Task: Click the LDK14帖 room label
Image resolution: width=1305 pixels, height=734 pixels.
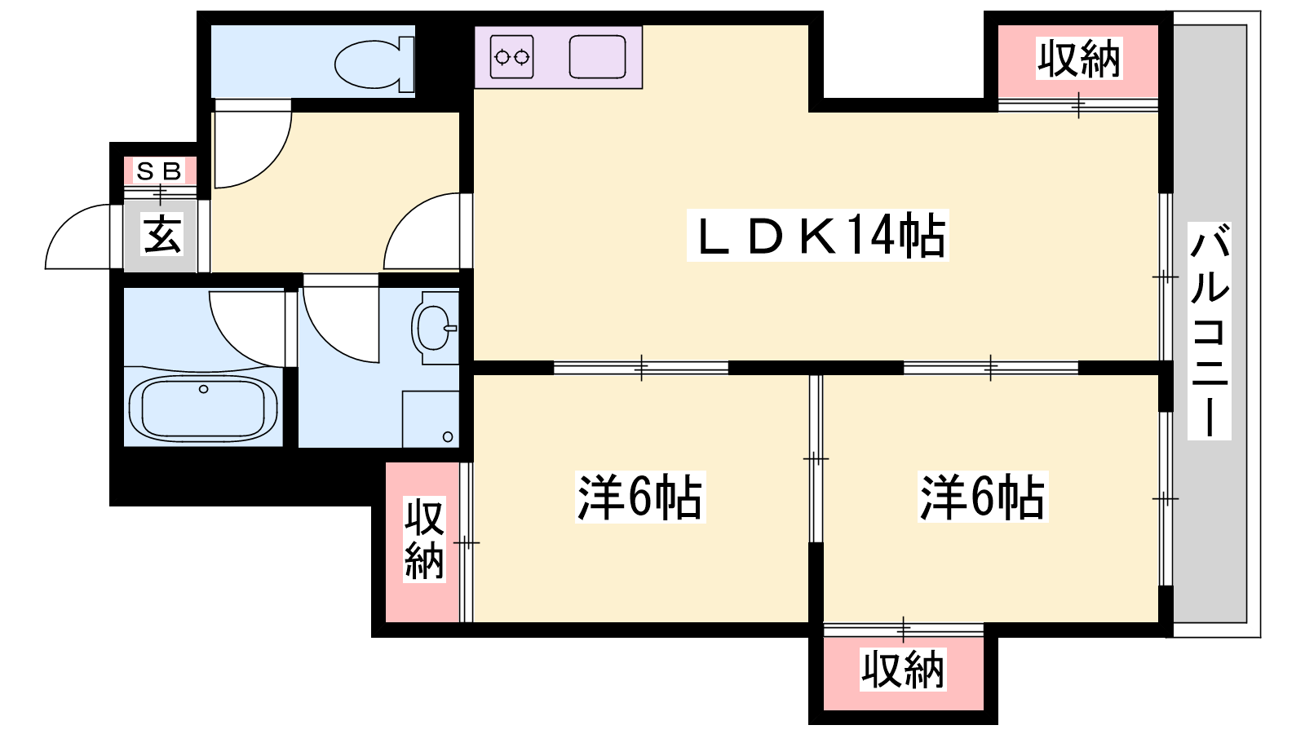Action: point(817,236)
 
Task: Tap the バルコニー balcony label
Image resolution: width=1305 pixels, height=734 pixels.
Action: point(1210,330)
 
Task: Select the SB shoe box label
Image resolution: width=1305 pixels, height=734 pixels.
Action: point(159,171)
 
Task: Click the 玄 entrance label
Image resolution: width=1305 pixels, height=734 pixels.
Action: point(161,233)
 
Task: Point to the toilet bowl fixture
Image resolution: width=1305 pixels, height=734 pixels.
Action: point(374,64)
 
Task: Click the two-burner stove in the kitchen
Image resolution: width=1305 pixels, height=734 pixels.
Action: point(511,57)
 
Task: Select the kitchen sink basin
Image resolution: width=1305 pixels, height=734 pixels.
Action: point(597,57)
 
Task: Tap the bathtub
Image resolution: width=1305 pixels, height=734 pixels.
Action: point(203,409)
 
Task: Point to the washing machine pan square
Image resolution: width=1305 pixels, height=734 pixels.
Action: point(431,419)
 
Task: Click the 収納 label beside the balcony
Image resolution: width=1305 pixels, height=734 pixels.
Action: point(1078,59)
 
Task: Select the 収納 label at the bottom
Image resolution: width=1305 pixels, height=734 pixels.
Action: point(902,670)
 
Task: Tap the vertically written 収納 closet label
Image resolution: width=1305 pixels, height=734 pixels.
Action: point(425,539)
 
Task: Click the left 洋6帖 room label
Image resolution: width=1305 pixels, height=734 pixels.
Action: point(639,497)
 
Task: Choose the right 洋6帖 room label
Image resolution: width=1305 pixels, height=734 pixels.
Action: point(982,497)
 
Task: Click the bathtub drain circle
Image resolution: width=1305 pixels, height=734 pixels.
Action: point(203,389)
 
